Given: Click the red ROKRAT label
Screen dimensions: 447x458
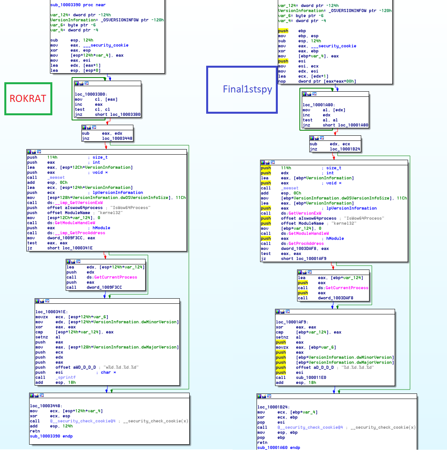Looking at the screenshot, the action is point(28,98).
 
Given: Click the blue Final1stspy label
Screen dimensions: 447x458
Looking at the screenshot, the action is point(247,89).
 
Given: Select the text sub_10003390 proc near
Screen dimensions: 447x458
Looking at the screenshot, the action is point(78,5).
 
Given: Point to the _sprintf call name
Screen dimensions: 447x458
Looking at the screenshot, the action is point(66,377).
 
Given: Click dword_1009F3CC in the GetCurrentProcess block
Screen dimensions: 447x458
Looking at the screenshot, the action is point(104,287).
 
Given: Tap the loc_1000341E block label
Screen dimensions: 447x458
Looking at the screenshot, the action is point(52,312).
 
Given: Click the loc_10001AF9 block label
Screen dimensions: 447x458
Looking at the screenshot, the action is point(292,322).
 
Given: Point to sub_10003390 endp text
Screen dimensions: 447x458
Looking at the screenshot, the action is point(51,436).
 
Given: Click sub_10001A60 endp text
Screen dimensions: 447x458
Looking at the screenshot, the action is point(279,447).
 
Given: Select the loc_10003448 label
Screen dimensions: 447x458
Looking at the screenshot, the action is point(46,406).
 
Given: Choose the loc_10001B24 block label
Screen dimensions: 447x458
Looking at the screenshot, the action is point(274,407).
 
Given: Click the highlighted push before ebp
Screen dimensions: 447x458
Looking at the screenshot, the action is point(283,31).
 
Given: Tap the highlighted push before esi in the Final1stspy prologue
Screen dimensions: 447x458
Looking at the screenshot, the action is point(283,61).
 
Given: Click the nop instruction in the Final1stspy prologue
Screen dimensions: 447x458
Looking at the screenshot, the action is point(282,81).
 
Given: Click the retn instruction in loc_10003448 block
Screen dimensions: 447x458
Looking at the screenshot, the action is point(35,431).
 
